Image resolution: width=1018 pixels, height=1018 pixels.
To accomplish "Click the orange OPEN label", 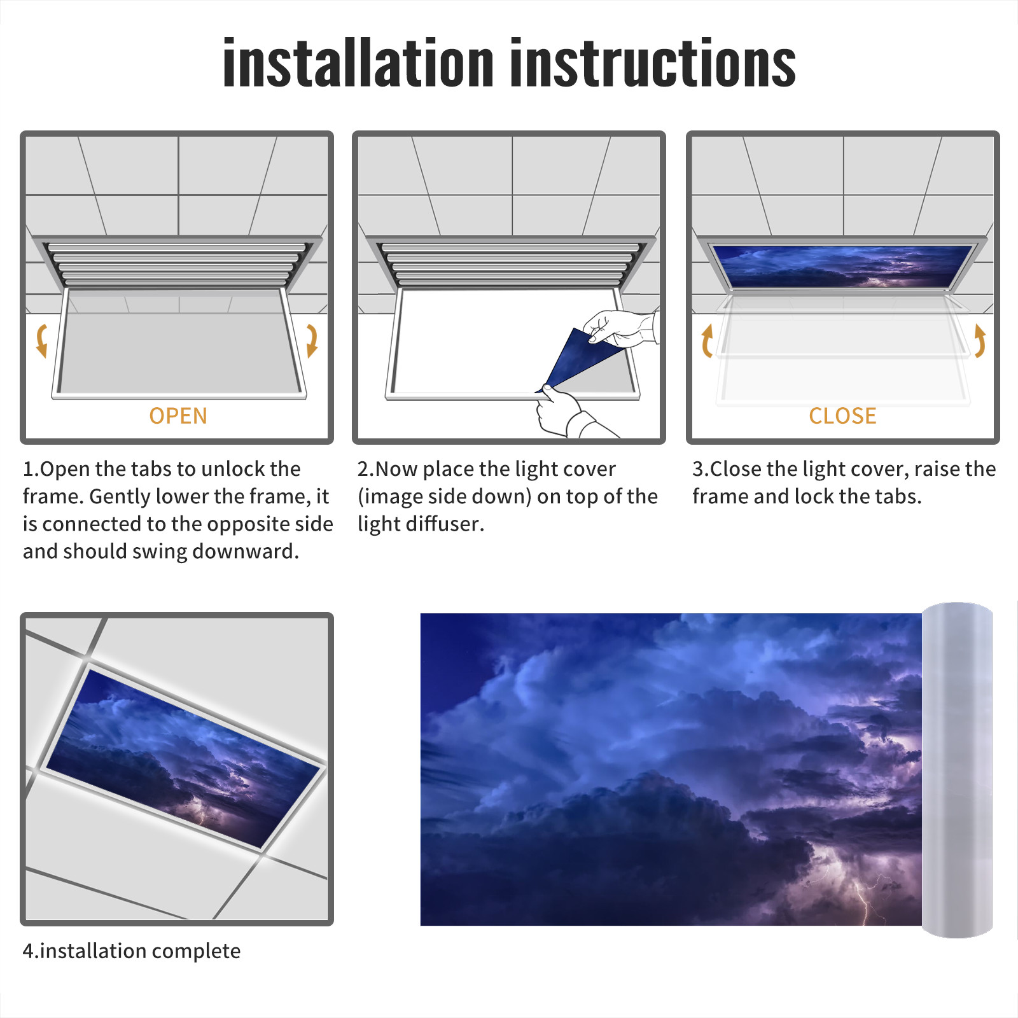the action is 178,416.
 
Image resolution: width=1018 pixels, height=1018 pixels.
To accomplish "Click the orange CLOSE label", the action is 842,416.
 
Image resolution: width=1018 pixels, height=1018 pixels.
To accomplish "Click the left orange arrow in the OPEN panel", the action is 42,340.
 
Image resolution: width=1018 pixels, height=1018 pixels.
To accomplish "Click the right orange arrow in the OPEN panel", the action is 312,340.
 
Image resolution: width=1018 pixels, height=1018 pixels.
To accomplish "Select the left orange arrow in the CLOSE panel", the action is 707,340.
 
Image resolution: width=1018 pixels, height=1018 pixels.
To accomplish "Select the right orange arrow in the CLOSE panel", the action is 980,340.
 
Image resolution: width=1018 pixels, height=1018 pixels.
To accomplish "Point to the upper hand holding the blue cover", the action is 620,327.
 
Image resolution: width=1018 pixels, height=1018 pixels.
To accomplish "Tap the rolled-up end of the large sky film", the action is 957,770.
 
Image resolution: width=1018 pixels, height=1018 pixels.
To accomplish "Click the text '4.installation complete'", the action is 132,951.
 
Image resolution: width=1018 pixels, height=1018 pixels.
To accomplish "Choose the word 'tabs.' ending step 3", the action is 898,496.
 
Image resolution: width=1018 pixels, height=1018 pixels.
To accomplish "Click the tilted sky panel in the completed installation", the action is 184,758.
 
